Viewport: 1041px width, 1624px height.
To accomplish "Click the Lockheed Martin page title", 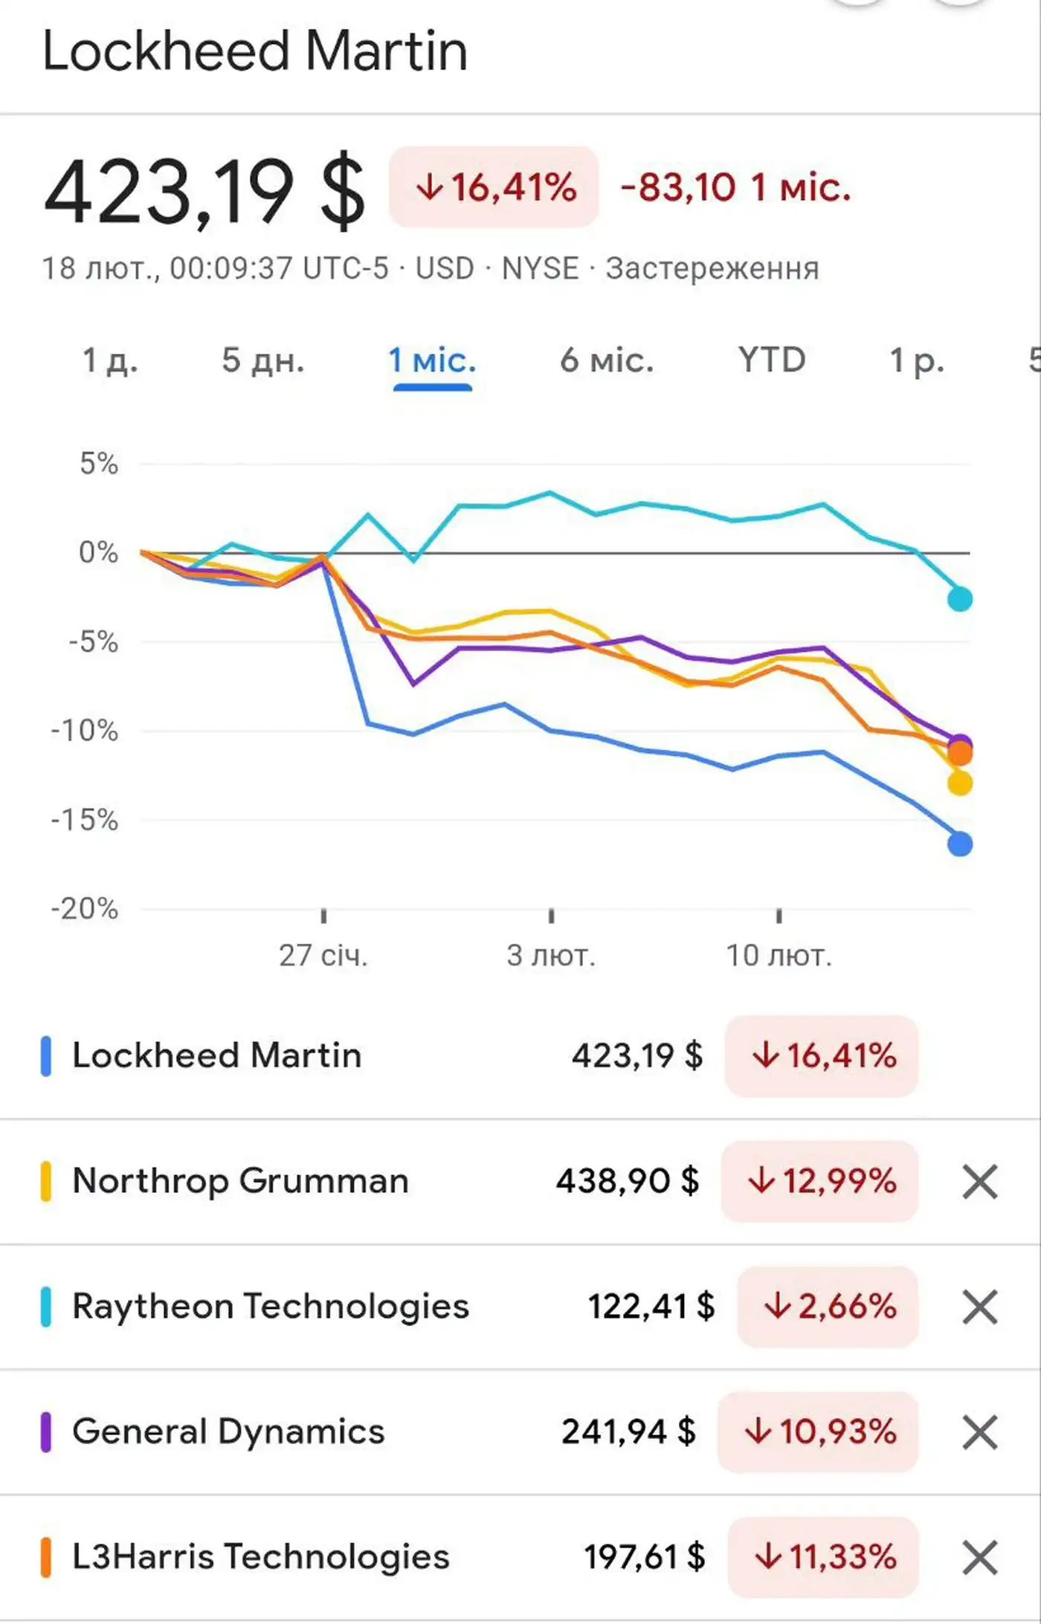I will click(255, 51).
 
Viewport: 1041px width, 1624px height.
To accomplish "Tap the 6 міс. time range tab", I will click(607, 360).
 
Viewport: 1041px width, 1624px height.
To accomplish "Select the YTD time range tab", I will click(772, 360).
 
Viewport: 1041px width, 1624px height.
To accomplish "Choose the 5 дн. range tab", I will click(263, 360).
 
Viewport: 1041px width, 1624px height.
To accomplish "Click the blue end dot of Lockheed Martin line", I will click(960, 844).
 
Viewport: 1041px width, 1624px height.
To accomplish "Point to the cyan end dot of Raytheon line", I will click(960, 598).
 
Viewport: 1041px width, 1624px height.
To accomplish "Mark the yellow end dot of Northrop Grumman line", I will click(960, 783).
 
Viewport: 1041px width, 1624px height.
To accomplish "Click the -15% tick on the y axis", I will click(84, 820).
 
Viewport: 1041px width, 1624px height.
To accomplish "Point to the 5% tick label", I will click(99, 464).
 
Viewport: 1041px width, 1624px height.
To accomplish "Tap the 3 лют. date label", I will click(551, 955).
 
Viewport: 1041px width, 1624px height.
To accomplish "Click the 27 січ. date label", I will click(323, 955).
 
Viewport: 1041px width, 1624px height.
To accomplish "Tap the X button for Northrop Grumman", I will click(979, 1182).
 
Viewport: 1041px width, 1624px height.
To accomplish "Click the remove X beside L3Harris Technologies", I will click(979, 1558).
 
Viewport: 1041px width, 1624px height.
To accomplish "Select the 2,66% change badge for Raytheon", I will click(829, 1307).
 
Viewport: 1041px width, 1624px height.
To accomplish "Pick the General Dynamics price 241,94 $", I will click(628, 1431).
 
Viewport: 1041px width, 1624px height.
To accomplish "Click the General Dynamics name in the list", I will click(228, 1431).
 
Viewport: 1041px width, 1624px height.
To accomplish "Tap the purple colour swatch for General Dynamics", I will click(45, 1432).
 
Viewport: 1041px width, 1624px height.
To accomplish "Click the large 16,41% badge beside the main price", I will click(494, 187).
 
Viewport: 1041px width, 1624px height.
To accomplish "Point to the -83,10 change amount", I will click(678, 187).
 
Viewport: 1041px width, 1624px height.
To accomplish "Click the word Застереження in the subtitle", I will click(712, 268).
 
